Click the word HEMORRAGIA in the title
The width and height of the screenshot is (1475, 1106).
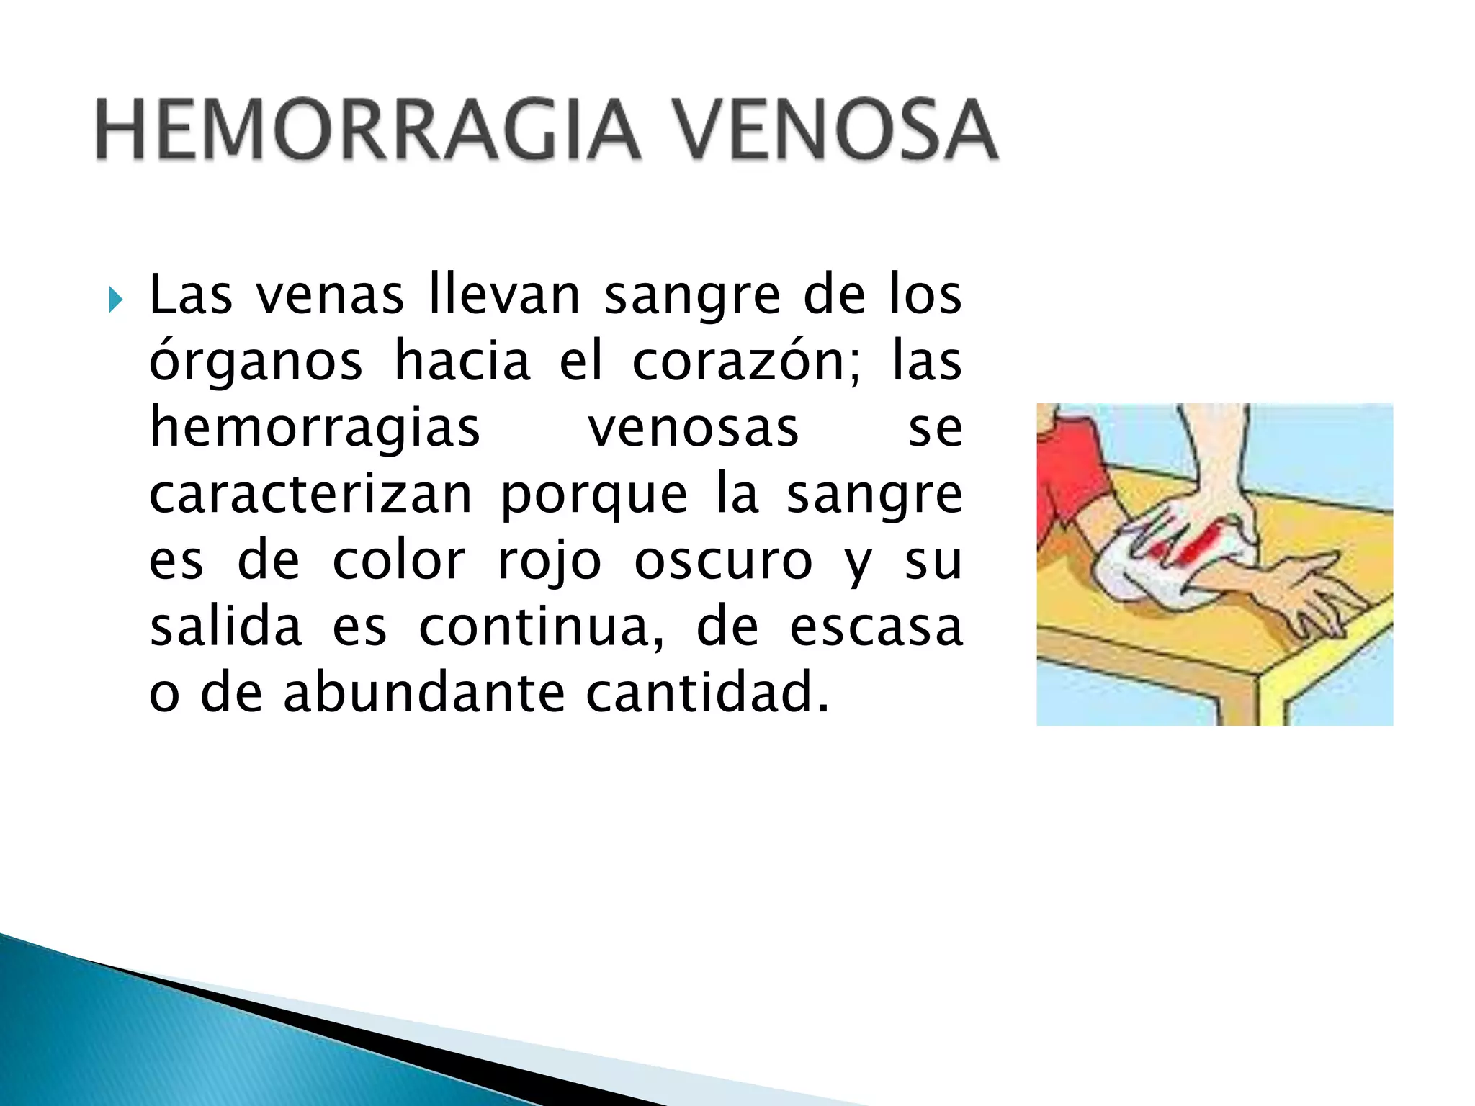click(x=367, y=130)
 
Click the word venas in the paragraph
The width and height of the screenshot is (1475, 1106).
click(x=331, y=295)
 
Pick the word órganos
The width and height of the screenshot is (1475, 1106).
click(x=256, y=361)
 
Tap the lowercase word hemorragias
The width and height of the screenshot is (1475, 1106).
click(x=315, y=428)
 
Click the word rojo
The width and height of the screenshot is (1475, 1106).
click(x=550, y=562)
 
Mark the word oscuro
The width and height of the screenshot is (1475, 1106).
click(x=723, y=561)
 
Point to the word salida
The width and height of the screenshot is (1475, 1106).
click(x=225, y=626)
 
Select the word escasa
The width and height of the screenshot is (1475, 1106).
click(x=877, y=628)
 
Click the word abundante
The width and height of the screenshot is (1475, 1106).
click(x=424, y=693)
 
